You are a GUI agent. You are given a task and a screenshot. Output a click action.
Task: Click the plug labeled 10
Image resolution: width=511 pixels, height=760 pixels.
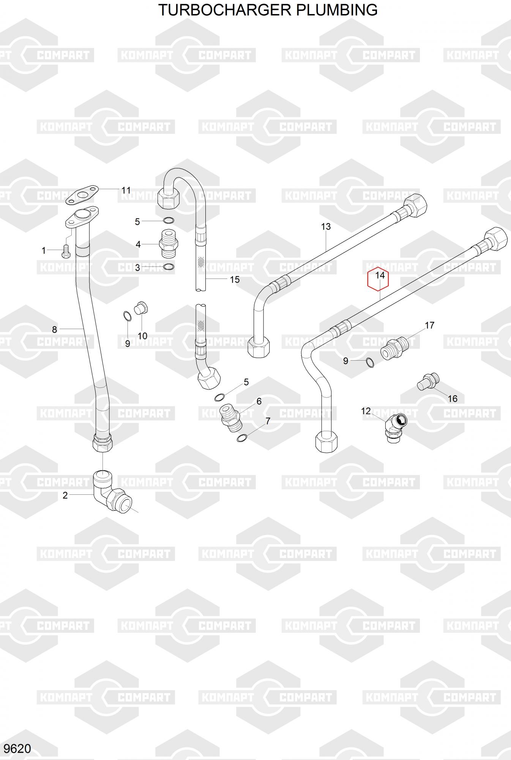coord(141,308)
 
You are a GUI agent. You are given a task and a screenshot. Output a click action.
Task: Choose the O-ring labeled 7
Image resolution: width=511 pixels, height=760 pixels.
coord(241,438)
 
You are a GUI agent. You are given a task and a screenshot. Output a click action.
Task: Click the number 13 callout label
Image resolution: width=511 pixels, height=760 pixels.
coord(326,226)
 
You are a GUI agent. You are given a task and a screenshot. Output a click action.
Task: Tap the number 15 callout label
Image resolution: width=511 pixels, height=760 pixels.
coord(235,280)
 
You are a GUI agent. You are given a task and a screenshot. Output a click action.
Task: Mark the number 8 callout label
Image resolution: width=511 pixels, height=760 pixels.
coord(54,329)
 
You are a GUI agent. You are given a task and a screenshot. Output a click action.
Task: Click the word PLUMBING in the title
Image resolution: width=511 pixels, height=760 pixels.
coord(337,10)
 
